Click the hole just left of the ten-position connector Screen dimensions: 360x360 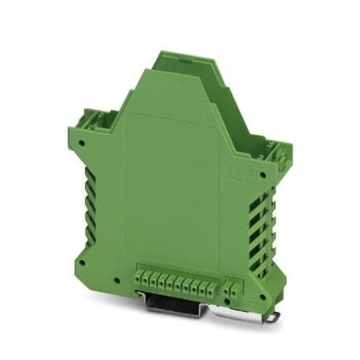coord(117,281)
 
